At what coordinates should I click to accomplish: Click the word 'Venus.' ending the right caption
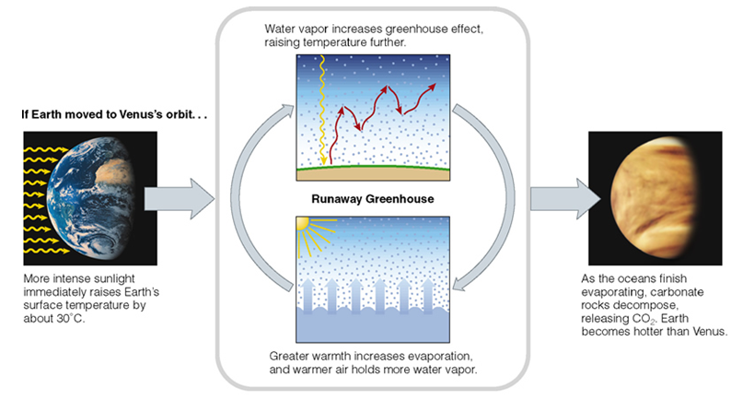708,333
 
